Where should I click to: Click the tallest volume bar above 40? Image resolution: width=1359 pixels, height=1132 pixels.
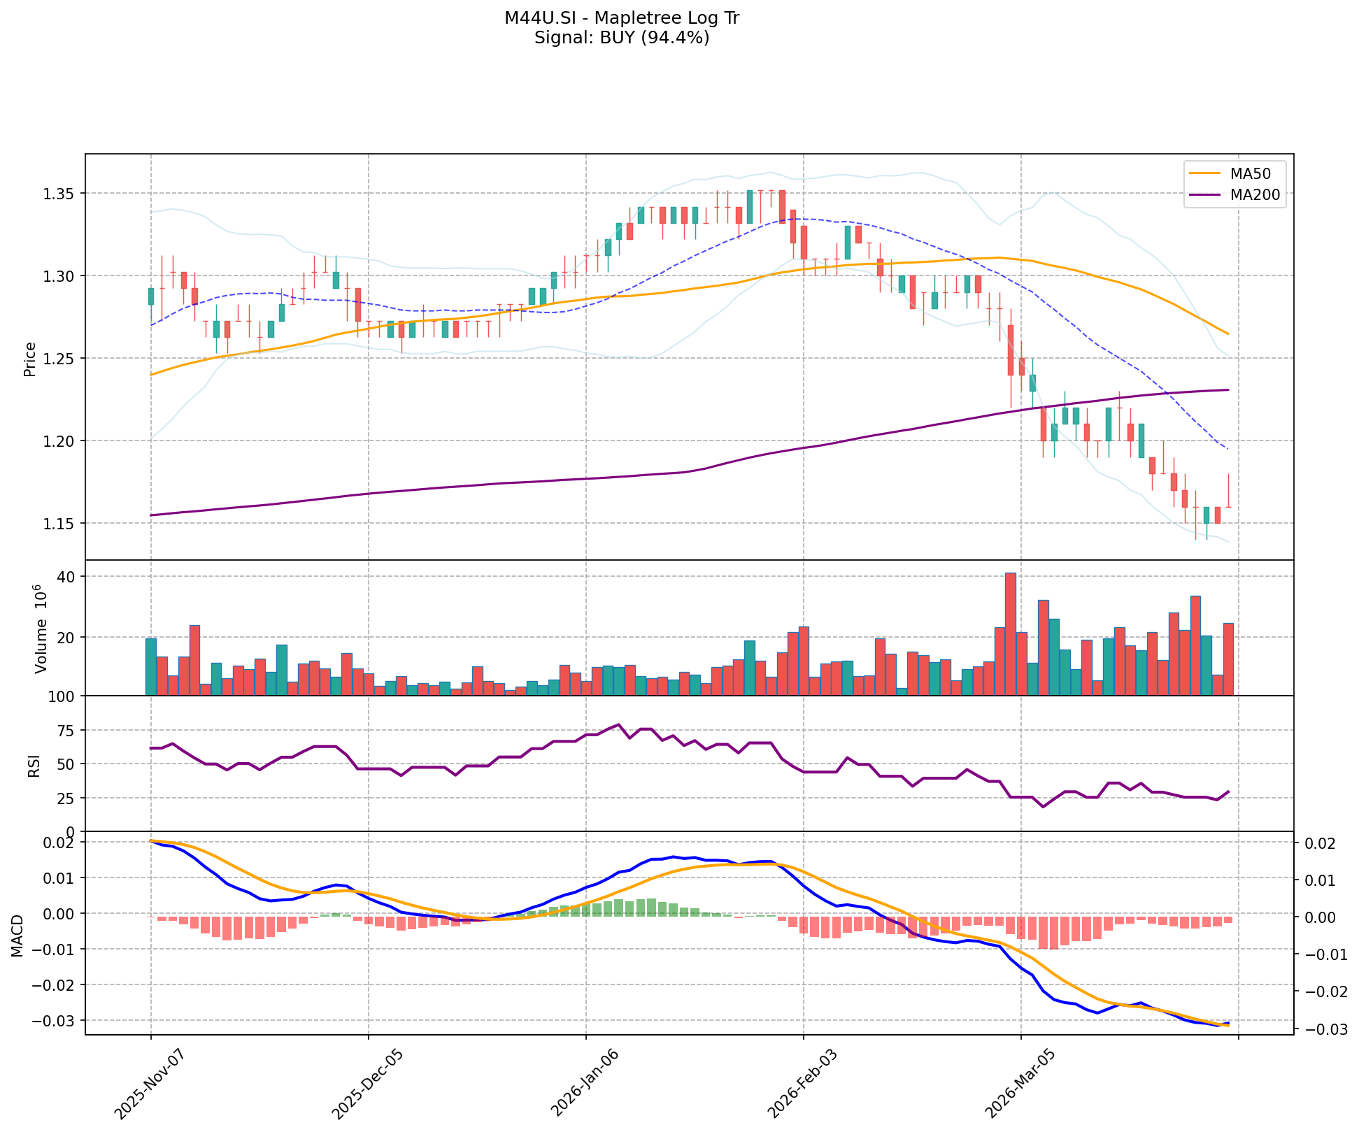point(1010,633)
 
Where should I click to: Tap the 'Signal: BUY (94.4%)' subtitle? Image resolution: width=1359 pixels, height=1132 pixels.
point(622,38)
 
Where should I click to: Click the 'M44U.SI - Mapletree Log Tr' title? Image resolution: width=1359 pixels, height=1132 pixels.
point(622,18)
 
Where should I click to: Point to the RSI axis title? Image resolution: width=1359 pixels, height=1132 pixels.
point(34,765)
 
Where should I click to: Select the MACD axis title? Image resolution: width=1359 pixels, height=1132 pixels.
point(17,934)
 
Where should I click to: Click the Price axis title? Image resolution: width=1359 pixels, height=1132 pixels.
point(29,359)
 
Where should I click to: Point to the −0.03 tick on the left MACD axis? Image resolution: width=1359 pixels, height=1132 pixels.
point(55,1021)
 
